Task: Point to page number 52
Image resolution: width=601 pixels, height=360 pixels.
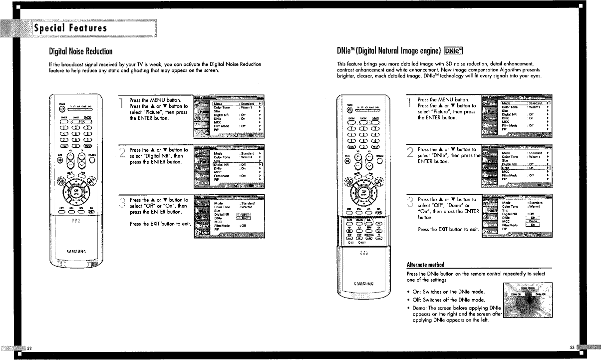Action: pos(29,348)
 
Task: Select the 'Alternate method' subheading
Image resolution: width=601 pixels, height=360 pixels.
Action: pos(426,264)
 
